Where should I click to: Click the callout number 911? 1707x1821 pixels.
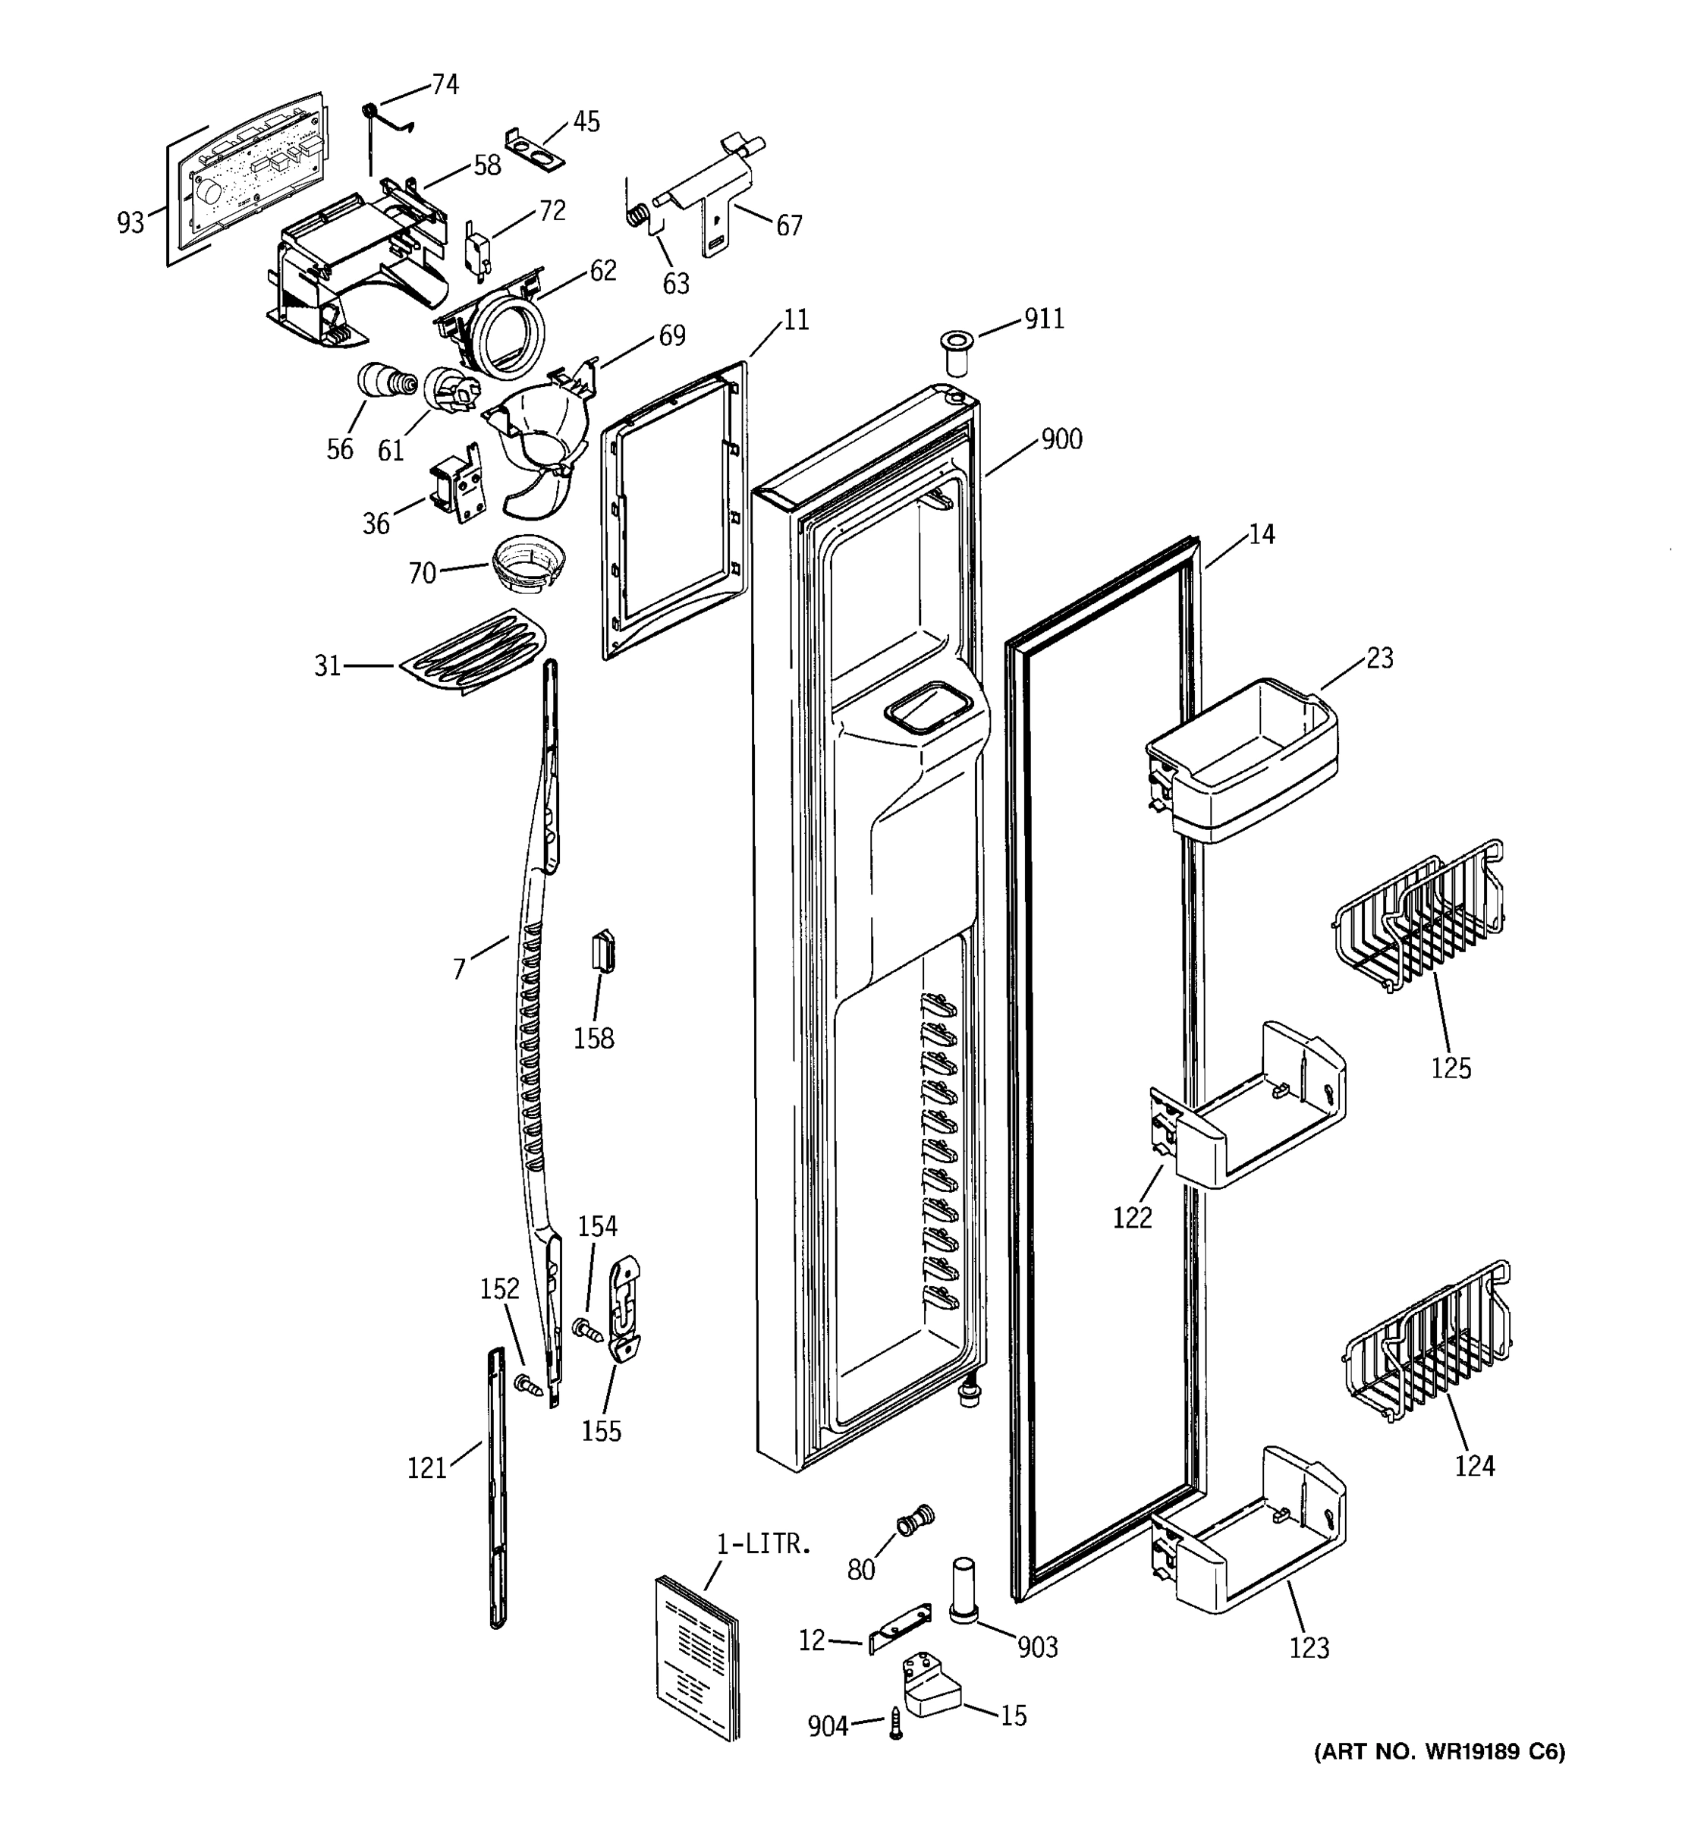[1044, 319]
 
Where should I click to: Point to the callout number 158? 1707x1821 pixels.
[593, 1039]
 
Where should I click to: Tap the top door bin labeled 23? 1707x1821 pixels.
[1243, 760]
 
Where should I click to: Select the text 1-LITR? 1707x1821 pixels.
[762, 1544]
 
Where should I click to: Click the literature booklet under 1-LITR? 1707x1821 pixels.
[698, 1656]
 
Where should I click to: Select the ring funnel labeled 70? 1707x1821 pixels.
[528, 566]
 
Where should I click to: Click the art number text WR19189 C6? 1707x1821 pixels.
[1440, 1751]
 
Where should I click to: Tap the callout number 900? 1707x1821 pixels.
[1061, 439]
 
